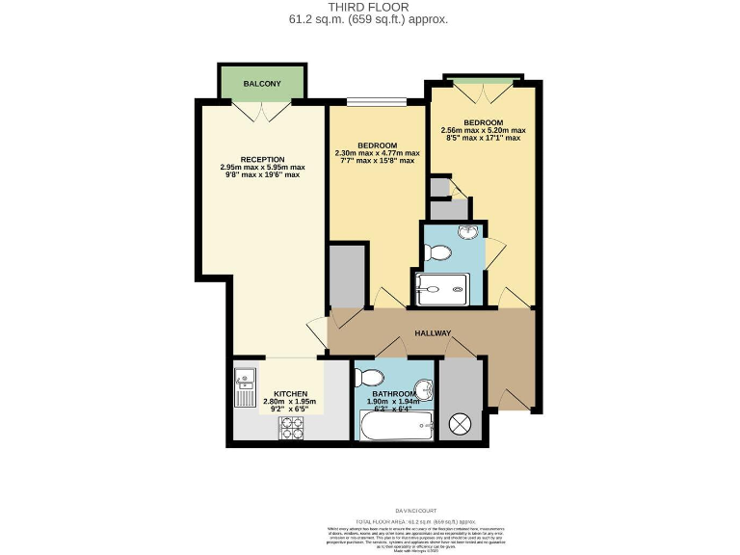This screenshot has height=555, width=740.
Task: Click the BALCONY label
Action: pos(262,84)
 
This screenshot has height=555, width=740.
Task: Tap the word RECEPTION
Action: pos(262,159)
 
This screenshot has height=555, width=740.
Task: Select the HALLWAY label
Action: pos(433,333)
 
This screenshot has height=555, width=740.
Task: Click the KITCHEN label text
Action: pos(290,393)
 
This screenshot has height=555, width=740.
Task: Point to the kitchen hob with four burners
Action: pos(292,429)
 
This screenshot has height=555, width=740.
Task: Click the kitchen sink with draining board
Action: pos(245,387)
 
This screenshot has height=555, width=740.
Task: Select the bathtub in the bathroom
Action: pos(394,426)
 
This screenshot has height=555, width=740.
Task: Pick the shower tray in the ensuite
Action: pos(442,288)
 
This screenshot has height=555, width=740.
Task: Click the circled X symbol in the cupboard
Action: pos(461,423)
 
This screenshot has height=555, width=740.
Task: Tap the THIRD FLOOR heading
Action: pos(370,7)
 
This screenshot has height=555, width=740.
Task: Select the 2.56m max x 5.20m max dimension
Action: pos(483,130)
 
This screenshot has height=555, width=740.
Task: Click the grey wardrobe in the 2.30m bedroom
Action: pos(348,276)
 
